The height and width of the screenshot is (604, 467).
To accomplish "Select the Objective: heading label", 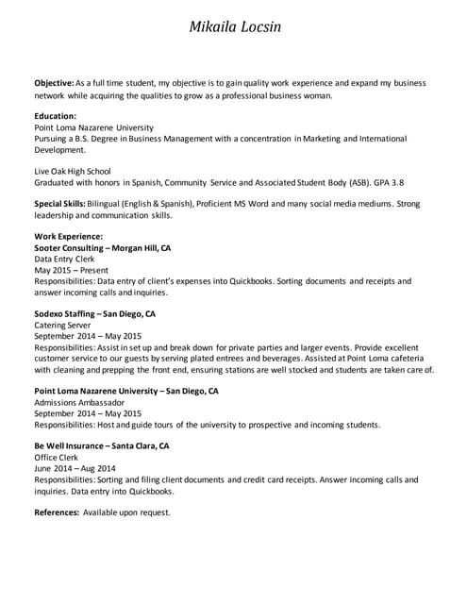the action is (53, 83).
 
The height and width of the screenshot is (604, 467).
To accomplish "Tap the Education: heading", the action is (55, 116).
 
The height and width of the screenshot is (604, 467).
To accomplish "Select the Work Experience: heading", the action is (68, 236).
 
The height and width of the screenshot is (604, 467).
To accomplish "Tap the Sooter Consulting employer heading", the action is (102, 247).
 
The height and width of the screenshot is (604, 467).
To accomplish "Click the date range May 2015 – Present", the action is (71, 270).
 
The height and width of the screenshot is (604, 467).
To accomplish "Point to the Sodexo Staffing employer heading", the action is (94, 313).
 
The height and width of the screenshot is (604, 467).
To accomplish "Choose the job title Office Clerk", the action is (57, 457).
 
